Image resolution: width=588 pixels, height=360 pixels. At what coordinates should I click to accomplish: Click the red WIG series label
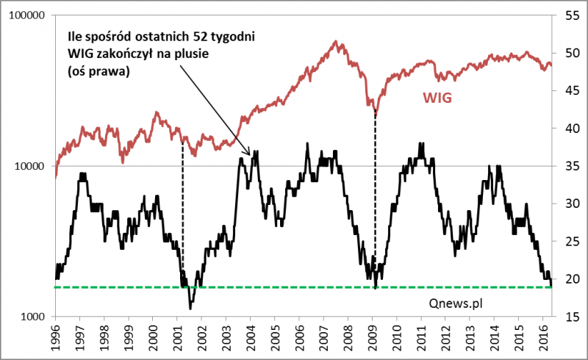[437, 97]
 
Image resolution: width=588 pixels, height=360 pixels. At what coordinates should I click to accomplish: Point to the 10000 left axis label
[29, 166]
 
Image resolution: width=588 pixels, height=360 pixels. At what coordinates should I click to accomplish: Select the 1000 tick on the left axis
[32, 317]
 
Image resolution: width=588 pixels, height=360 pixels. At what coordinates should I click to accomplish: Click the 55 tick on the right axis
[570, 15]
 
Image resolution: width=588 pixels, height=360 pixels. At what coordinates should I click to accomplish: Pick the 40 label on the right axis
[570, 129]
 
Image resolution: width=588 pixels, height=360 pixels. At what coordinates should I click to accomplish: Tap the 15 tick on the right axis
[570, 317]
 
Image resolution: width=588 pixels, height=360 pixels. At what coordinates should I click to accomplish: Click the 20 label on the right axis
[570, 279]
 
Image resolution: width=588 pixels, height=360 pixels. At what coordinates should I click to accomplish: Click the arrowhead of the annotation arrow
[251, 154]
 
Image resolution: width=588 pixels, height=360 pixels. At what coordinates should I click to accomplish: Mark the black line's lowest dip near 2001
[191, 308]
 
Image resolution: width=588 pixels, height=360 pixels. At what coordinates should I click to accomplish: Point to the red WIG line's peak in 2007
[337, 42]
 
